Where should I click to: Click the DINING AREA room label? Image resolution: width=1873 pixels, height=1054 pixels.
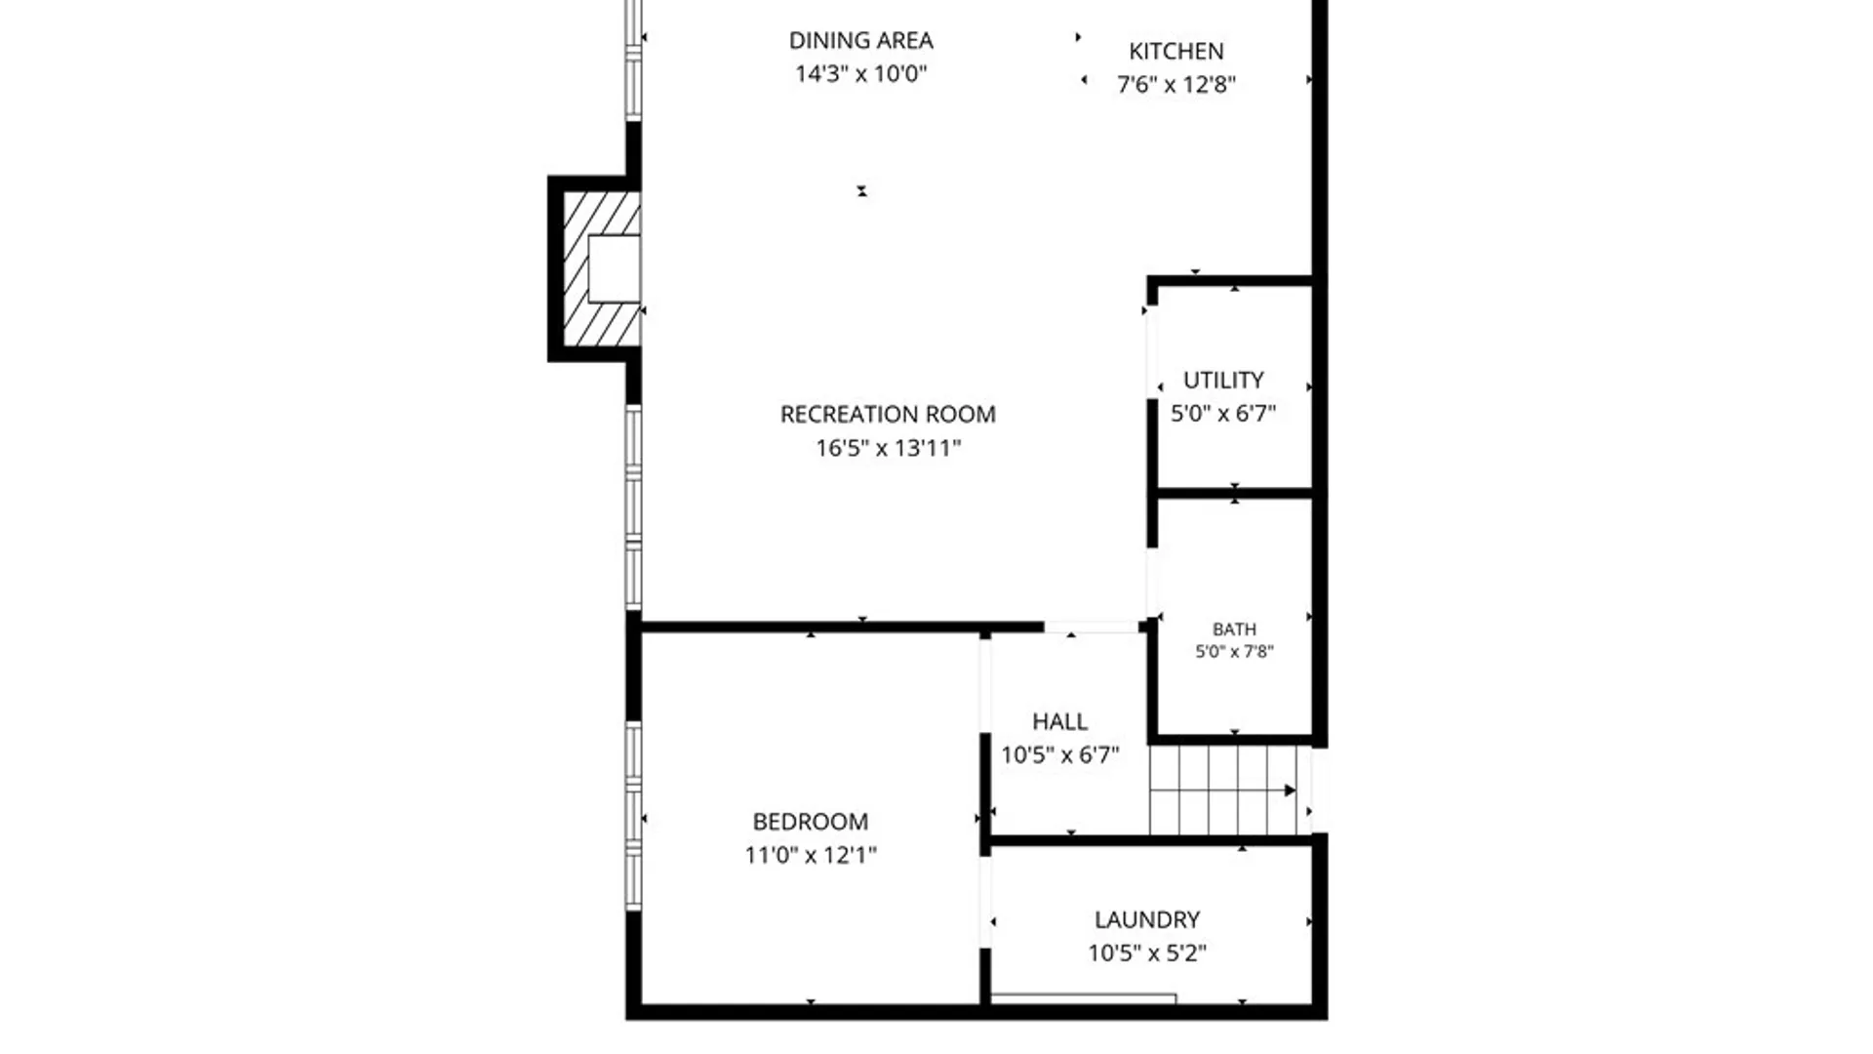coord(860,40)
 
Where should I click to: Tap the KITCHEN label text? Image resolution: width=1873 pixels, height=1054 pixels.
coord(1176,51)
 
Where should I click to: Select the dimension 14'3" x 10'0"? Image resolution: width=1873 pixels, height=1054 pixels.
coord(860,73)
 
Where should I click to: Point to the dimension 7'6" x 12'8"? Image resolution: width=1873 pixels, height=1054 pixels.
coord(1176,84)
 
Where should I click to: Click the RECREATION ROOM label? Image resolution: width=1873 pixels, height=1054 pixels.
coord(888,414)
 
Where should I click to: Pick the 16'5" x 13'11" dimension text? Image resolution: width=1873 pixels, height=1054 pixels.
coord(888,448)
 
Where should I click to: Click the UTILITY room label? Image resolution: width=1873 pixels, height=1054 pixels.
coord(1223,380)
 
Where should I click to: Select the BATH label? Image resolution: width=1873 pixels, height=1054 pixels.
coord(1234,629)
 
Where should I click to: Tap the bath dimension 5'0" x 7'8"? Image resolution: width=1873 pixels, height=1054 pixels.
coord(1234,651)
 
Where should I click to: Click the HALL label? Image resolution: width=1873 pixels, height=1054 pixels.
coord(1059,721)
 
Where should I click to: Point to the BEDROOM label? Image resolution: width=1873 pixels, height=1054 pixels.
coord(810,822)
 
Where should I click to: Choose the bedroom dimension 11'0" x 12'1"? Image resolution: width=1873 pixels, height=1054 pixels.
coord(810,855)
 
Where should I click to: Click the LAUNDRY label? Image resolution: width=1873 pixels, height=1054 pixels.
coord(1147,919)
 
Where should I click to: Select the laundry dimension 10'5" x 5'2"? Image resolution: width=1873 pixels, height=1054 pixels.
coord(1147,953)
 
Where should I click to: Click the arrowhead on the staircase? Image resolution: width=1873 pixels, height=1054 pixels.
coord(1290,790)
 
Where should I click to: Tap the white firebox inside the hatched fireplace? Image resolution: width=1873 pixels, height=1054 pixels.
coord(615,268)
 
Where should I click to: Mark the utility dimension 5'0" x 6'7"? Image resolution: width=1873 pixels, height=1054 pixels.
coord(1223,413)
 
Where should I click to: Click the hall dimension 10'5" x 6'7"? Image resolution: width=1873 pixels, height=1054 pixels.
coord(1059,754)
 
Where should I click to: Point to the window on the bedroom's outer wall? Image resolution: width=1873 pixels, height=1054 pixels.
coord(633,816)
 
